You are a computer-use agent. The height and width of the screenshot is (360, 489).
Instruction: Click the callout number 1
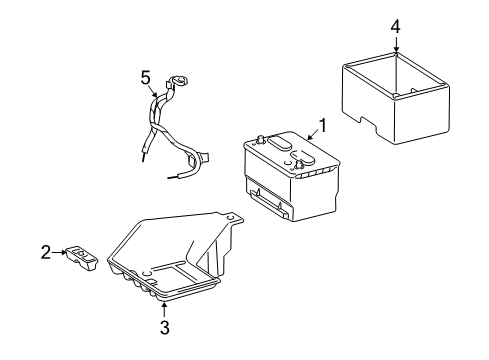[x=322, y=127]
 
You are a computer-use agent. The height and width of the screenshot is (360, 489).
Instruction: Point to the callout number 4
[x=395, y=26]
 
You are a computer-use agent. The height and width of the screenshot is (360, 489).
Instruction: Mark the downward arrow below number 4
[x=395, y=44]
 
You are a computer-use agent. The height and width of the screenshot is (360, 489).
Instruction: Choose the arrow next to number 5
[x=153, y=88]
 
